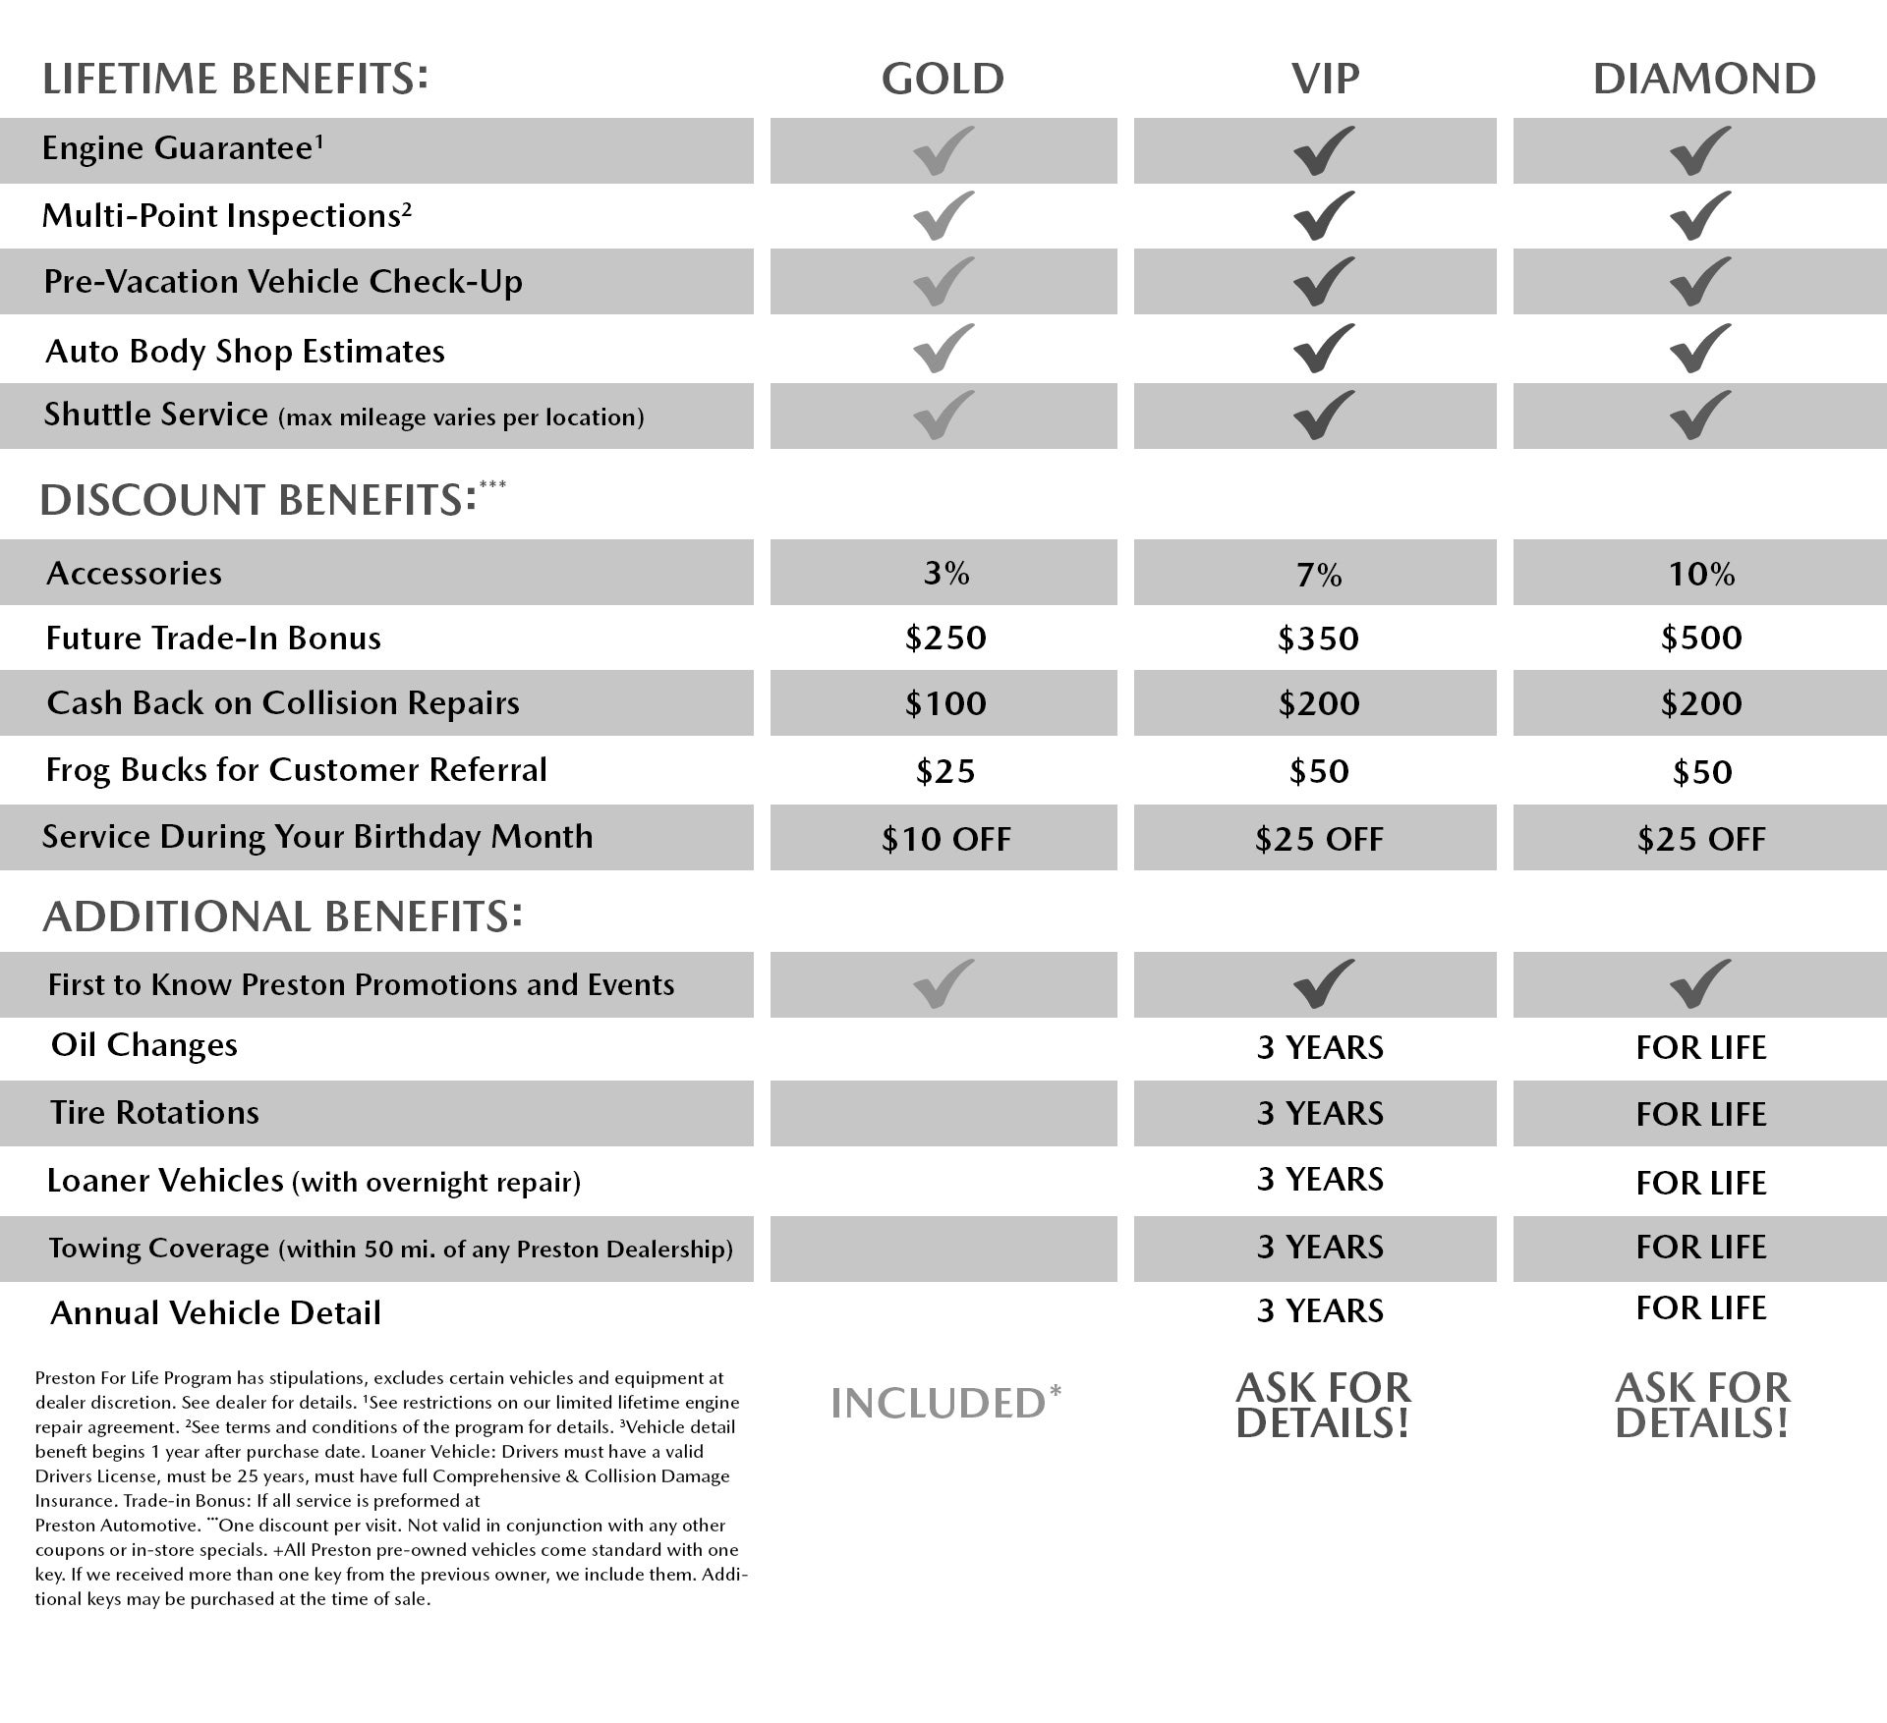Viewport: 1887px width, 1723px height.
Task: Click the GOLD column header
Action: [x=943, y=80]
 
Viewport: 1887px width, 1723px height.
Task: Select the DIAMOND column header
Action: [x=1703, y=80]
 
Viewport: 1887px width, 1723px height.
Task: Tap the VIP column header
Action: [x=1325, y=80]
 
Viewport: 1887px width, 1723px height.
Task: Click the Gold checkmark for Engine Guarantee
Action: [x=943, y=150]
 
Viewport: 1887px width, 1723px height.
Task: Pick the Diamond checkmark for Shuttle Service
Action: [x=1700, y=415]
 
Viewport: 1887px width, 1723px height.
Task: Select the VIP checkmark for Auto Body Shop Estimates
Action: [x=1324, y=349]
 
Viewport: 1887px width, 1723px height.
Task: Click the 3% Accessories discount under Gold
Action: [x=945, y=573]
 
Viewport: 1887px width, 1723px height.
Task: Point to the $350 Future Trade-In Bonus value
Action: [x=1318, y=639]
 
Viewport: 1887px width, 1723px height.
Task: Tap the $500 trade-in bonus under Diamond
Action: [x=1701, y=639]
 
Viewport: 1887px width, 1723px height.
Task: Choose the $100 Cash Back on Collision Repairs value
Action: [x=945, y=703]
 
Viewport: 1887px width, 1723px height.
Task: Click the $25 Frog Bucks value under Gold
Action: [x=945, y=771]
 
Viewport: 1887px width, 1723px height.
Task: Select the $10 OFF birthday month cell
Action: [x=945, y=839]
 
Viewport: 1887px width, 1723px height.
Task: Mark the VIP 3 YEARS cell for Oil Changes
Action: [x=1320, y=1048]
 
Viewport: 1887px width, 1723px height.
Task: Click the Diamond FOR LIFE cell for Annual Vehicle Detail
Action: [x=1701, y=1308]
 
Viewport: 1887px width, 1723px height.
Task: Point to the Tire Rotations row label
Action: [x=154, y=1113]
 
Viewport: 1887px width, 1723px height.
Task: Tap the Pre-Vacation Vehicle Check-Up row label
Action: [x=283, y=282]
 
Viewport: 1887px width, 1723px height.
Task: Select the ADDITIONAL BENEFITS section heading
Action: [x=282, y=917]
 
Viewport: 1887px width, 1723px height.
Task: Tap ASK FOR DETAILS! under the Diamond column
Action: [x=1702, y=1406]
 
